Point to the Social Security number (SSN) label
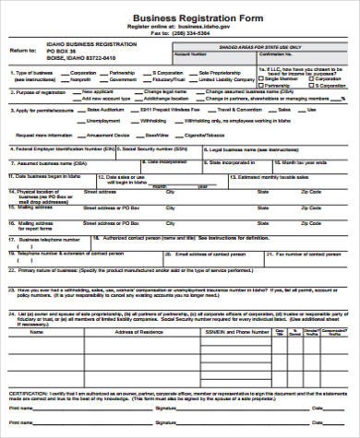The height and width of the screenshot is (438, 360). (x=154, y=148)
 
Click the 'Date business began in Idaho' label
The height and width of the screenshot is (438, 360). (x=51, y=174)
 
